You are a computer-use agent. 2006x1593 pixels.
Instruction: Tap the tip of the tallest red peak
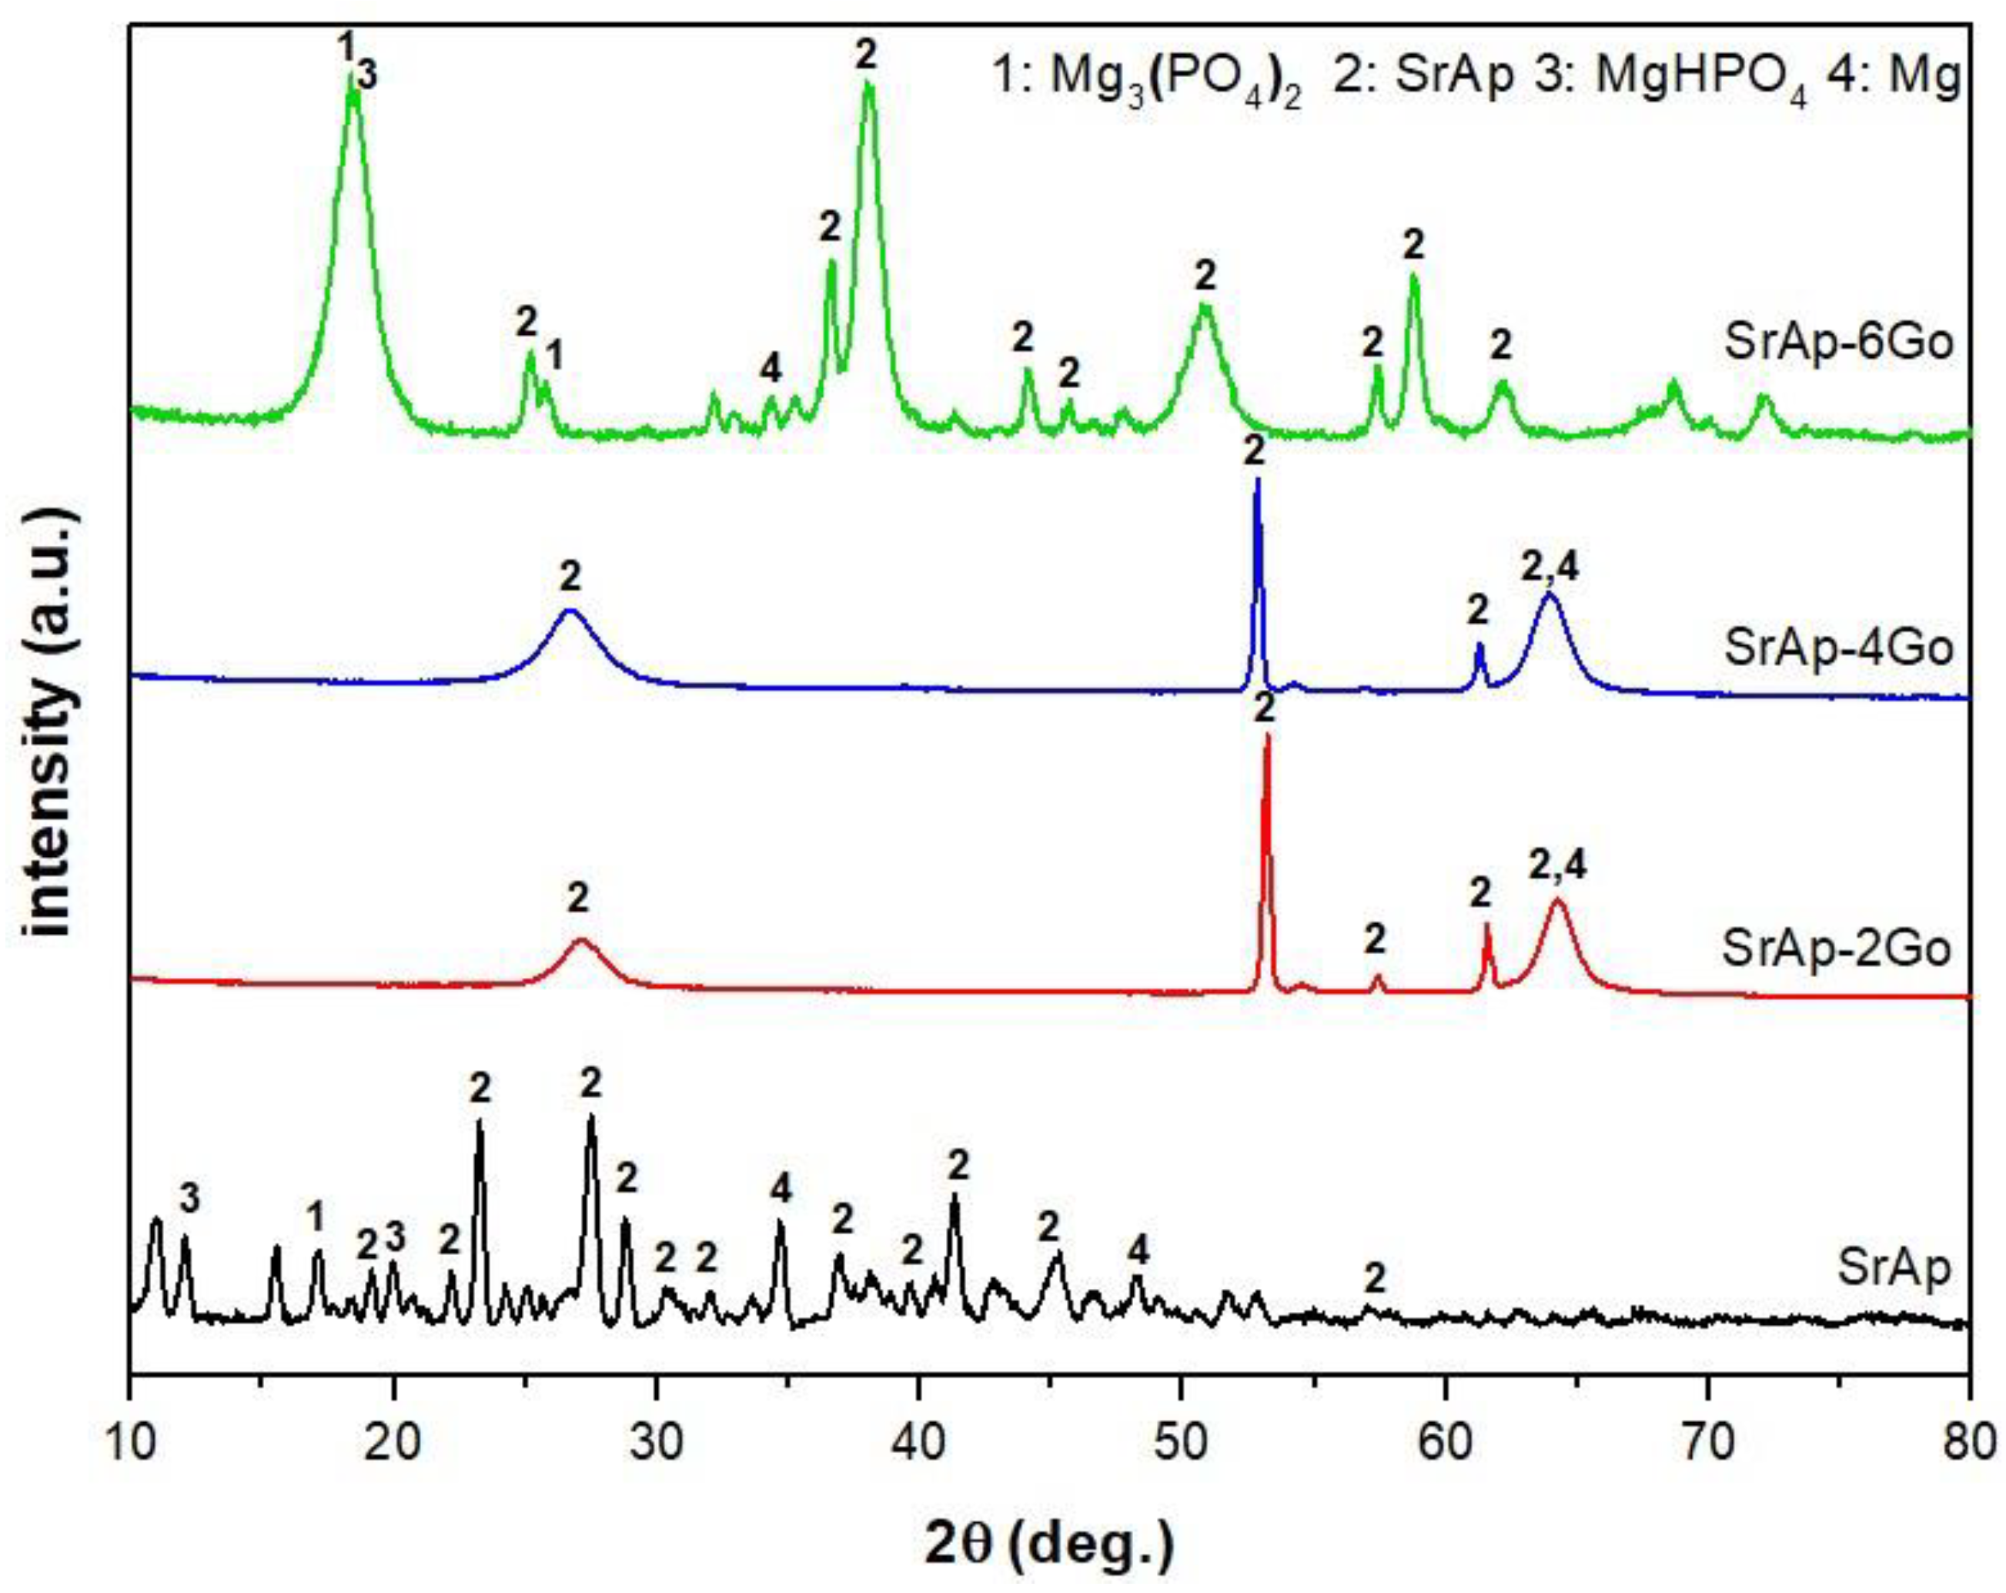click(1266, 736)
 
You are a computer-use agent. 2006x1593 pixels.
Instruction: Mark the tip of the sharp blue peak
click(1257, 480)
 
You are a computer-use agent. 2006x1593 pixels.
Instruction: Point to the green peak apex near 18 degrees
click(352, 75)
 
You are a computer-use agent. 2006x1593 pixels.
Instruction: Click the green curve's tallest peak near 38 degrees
click(868, 84)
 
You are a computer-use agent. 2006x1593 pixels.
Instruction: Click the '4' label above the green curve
click(770, 370)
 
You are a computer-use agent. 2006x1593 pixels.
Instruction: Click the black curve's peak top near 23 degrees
click(479, 1122)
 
